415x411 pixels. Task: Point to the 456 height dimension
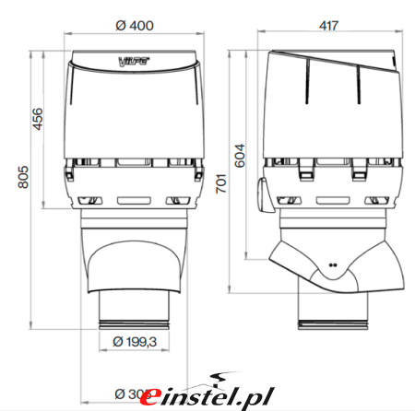click(38, 119)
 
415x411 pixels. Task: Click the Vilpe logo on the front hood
click(135, 63)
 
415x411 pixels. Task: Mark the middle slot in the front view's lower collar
click(135, 197)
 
